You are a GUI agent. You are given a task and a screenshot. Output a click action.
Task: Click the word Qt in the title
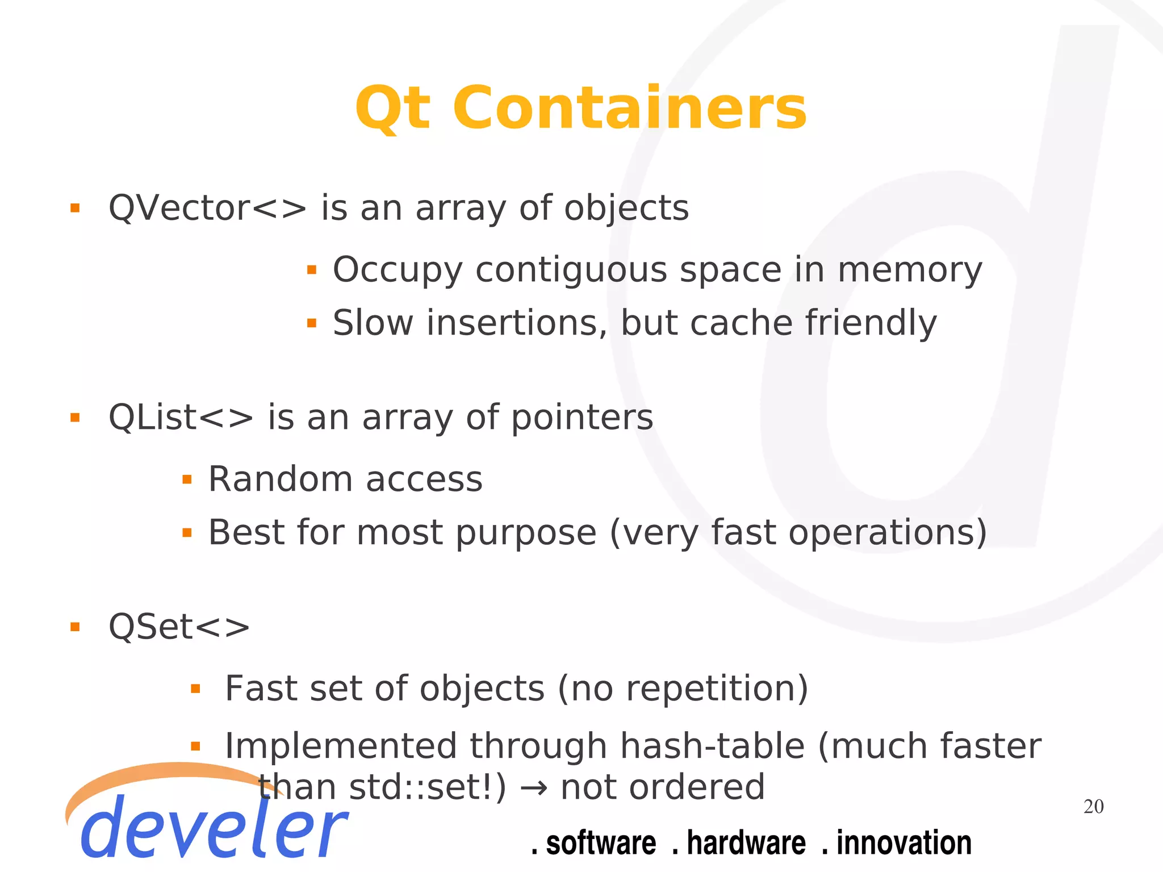(392, 108)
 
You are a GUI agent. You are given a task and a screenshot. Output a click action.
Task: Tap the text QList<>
(181, 418)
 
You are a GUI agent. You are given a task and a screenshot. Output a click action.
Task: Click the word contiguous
(571, 270)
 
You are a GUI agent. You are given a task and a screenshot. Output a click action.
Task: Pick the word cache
(741, 323)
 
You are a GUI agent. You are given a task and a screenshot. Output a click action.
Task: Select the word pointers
(583, 418)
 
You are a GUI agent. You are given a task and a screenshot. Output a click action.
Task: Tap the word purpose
(526, 533)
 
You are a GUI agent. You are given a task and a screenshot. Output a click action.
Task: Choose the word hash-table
(712, 746)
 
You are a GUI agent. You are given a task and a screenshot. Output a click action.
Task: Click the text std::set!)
(427, 787)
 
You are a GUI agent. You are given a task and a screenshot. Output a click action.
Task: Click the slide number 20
(1093, 807)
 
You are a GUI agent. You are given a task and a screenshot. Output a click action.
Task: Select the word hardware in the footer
(746, 842)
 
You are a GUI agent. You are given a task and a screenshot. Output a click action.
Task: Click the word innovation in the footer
(903, 842)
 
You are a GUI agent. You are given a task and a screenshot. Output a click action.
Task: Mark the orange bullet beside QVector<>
(75, 208)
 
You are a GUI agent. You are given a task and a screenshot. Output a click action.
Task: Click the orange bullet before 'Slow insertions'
(311, 323)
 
